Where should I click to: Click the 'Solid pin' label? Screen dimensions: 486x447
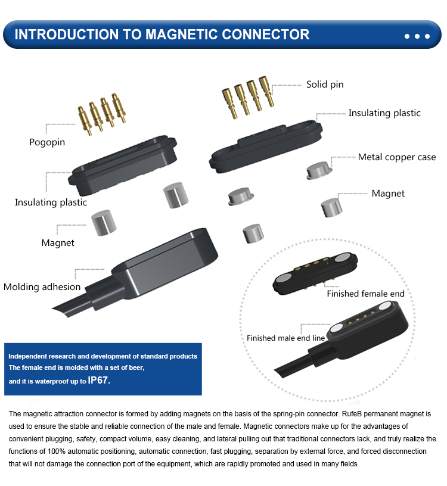click(325, 85)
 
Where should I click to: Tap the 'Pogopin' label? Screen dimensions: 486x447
click(47, 142)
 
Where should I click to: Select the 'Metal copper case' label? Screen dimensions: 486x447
click(397, 157)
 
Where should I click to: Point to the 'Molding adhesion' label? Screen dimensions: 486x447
click(42, 287)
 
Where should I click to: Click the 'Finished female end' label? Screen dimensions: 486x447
click(365, 294)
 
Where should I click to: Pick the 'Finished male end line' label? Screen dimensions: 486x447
click(285, 338)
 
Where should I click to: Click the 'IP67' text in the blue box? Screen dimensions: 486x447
click(99, 380)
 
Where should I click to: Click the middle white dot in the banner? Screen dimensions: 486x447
click(417, 36)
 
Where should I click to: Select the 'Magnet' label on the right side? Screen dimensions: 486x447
click(388, 193)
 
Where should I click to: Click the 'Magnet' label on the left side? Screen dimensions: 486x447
click(58, 242)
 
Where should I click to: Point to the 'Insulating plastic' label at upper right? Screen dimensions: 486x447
click(384, 113)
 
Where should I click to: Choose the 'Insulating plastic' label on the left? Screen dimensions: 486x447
click(51, 202)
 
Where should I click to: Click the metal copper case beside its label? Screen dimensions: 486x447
click(319, 169)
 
